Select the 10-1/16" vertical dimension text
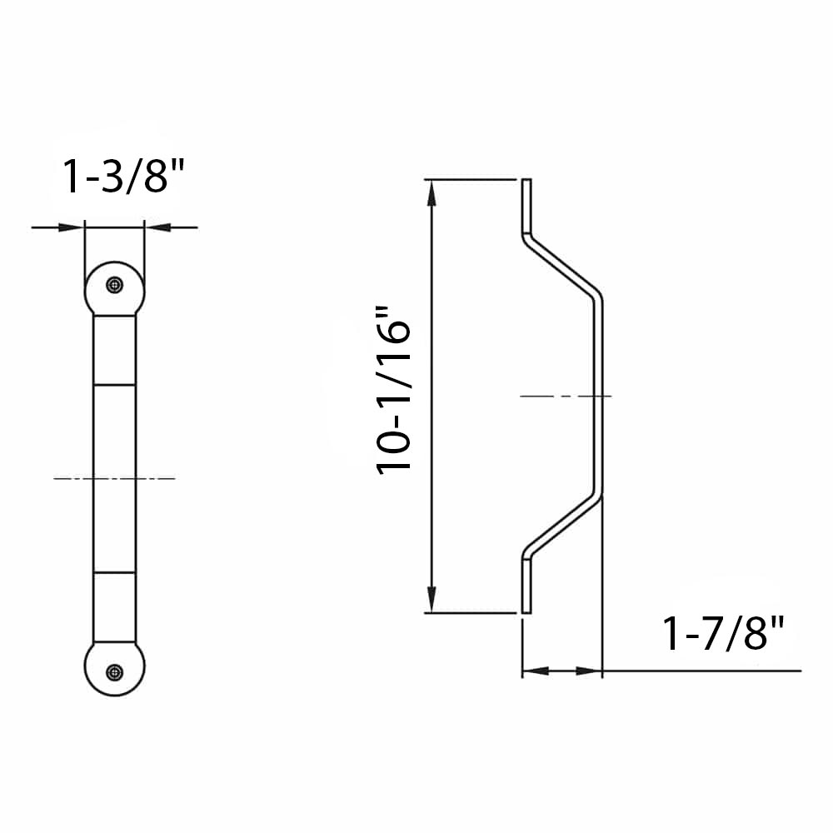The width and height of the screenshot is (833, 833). click(395, 390)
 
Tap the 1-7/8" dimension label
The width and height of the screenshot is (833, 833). click(724, 634)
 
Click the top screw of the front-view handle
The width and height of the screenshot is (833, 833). click(114, 285)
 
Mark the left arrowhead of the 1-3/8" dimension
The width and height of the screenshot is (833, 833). click(72, 226)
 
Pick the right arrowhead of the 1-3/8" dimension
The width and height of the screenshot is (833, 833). click(157, 226)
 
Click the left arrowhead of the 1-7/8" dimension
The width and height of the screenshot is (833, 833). click(534, 670)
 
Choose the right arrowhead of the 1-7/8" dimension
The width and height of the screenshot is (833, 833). click(589, 670)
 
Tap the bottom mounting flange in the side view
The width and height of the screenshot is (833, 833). click(526, 583)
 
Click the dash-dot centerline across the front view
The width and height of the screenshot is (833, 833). click(114, 478)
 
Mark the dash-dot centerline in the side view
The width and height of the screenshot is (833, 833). click(566, 397)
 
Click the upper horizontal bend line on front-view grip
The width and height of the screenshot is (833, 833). click(114, 385)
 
